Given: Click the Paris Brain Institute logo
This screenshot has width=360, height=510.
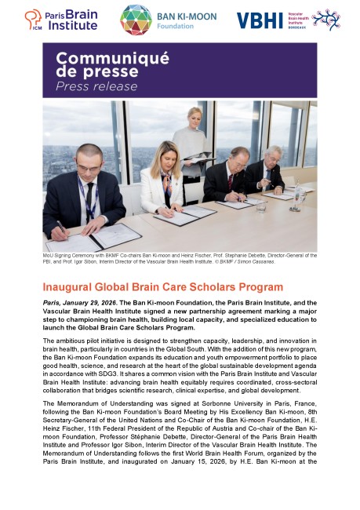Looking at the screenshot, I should (60, 20).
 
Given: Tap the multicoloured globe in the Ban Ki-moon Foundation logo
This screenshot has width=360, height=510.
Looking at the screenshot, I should (136, 20).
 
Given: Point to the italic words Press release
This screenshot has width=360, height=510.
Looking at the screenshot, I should (85, 86).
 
